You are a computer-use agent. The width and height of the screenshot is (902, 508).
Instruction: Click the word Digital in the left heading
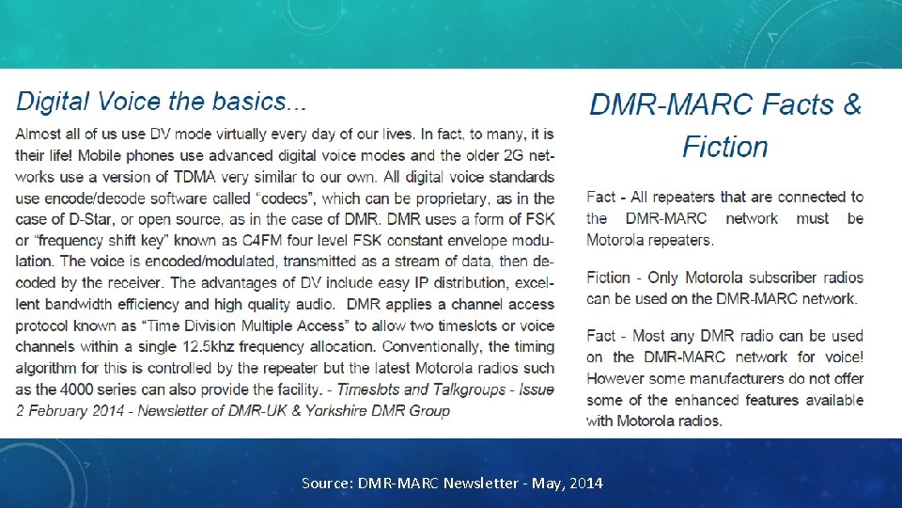[52, 101]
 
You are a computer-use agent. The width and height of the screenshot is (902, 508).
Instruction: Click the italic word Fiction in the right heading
[725, 147]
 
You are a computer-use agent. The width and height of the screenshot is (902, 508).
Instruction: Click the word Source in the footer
[324, 483]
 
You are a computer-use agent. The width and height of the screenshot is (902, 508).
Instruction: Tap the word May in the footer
[546, 483]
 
